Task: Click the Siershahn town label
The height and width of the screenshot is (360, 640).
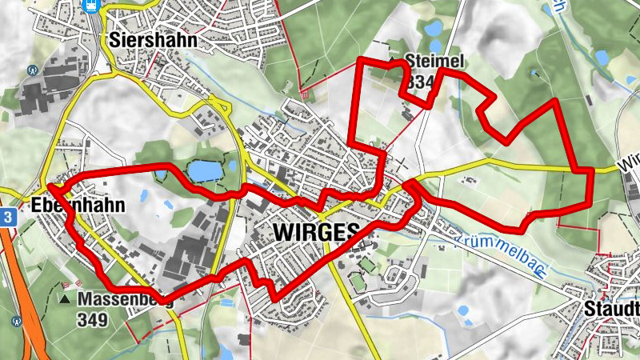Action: (x=154, y=40)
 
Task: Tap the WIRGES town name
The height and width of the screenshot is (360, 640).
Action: (x=316, y=232)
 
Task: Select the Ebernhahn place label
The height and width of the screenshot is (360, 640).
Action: (x=78, y=206)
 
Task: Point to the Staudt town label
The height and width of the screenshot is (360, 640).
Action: (x=612, y=310)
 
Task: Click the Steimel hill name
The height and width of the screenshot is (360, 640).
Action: (x=434, y=62)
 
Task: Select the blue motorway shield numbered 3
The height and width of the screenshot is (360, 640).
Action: (x=7, y=217)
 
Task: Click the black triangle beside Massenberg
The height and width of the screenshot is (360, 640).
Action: (x=65, y=300)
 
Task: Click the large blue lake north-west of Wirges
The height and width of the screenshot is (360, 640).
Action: (x=203, y=170)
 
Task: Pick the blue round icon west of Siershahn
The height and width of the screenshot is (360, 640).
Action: (x=33, y=70)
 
